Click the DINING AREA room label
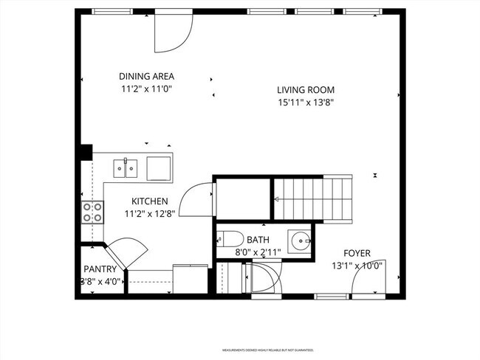[146, 76]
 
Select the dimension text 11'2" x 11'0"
[146, 89]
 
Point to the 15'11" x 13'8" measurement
[306, 103]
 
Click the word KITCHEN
[150, 201]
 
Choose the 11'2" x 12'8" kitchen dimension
[150, 215]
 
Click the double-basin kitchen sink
[126, 169]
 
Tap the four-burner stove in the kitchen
[92, 213]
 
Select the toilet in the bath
[230, 240]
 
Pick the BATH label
[258, 240]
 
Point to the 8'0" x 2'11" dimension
[258, 252]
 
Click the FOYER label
[357, 253]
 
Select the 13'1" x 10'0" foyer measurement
[357, 266]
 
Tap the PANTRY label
[100, 269]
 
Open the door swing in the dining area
[173, 34]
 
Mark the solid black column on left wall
[85, 152]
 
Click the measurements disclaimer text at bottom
[268, 350]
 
